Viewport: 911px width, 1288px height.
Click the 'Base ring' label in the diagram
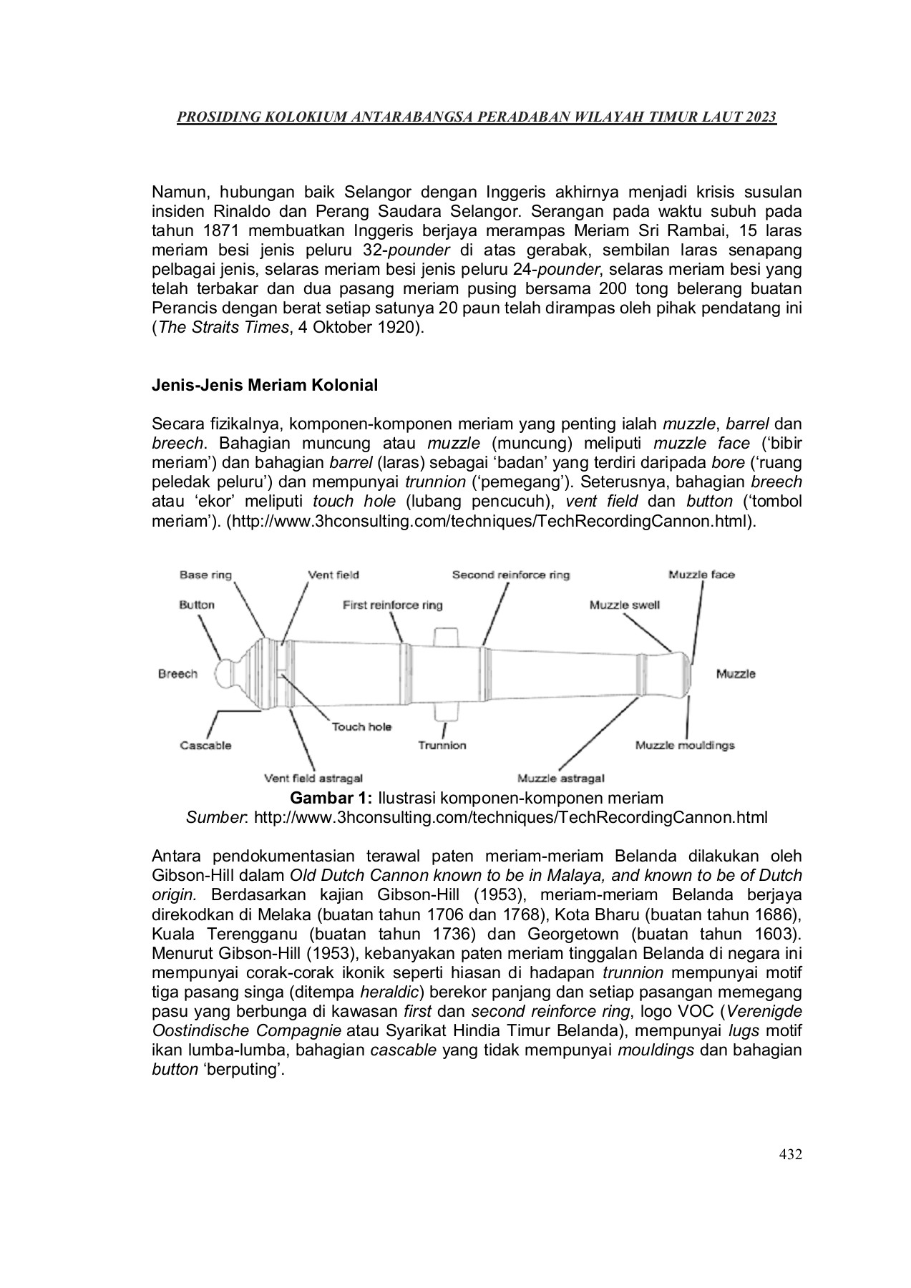coord(205,575)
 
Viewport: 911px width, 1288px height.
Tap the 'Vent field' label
coord(333,575)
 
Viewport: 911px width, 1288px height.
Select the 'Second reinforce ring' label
coord(511,575)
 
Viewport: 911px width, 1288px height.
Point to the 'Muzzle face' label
coord(701,575)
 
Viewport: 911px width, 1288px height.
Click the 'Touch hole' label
coord(361,727)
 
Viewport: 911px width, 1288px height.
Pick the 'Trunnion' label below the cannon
coord(442,746)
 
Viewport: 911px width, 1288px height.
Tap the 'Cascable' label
coord(205,746)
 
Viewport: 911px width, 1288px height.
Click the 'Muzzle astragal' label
coord(561,779)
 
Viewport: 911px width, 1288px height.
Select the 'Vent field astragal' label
coord(313,779)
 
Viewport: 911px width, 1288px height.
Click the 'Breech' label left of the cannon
coord(177,674)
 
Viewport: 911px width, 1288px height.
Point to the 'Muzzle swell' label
coord(625,605)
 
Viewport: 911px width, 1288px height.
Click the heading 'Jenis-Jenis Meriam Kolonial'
coord(265,386)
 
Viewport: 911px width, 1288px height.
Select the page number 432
coord(790,1154)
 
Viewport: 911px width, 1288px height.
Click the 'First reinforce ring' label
coord(392,605)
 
